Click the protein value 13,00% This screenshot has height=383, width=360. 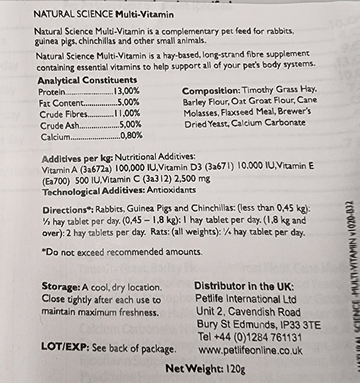coord(127,92)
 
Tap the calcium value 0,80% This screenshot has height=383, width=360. coord(131,137)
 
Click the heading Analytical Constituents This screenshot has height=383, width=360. coord(87,80)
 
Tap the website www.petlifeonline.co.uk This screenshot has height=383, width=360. coord(250,350)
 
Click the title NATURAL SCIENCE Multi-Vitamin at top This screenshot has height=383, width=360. coord(104,15)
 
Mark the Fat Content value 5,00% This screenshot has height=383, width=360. coord(128,103)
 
